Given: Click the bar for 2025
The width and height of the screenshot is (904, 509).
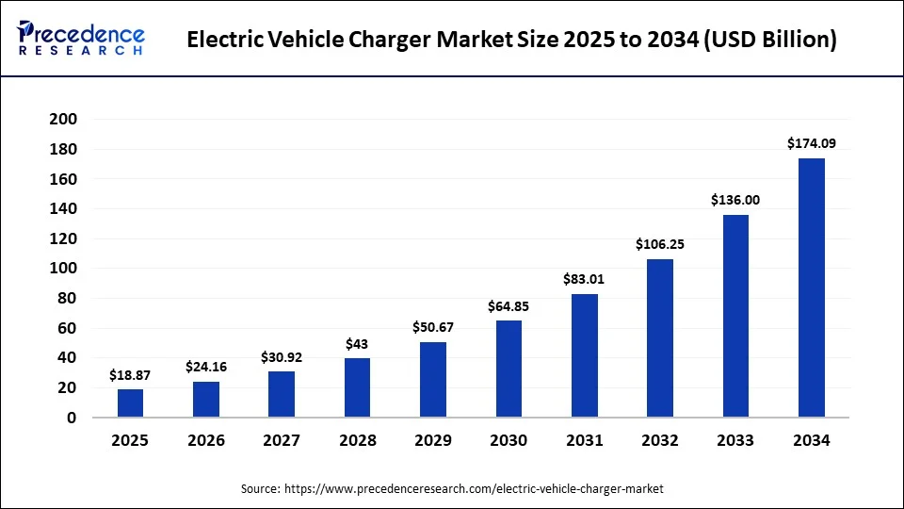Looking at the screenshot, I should [130, 403].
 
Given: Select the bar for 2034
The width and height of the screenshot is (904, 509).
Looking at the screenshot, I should [811, 287].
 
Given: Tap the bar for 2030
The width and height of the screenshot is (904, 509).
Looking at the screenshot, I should [508, 369].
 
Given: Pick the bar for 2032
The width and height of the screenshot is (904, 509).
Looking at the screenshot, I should [660, 337].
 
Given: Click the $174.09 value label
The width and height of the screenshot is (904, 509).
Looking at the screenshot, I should [811, 143].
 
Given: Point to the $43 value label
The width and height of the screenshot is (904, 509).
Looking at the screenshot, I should [357, 343].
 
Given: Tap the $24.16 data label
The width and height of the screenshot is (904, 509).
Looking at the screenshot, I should [205, 367].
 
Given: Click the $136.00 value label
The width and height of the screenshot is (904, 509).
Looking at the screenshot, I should [735, 200].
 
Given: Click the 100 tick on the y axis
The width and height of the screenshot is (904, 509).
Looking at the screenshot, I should [62, 269].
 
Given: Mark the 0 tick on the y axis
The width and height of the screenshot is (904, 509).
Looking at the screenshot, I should [72, 418].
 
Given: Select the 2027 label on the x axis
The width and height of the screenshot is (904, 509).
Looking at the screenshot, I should [281, 441].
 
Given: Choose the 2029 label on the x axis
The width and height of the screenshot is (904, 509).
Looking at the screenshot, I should [432, 441].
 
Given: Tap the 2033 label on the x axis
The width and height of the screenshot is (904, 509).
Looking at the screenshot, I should [735, 441].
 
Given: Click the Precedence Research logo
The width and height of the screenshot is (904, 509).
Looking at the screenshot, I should [81, 39].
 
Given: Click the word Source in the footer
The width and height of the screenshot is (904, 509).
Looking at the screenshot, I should [260, 489].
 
